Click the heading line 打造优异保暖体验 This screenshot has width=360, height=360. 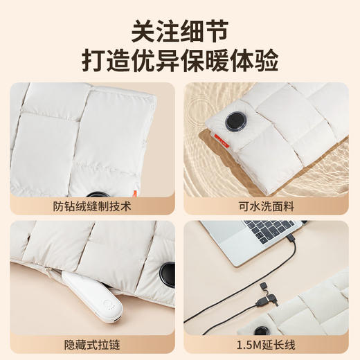(x=179, y=60)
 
